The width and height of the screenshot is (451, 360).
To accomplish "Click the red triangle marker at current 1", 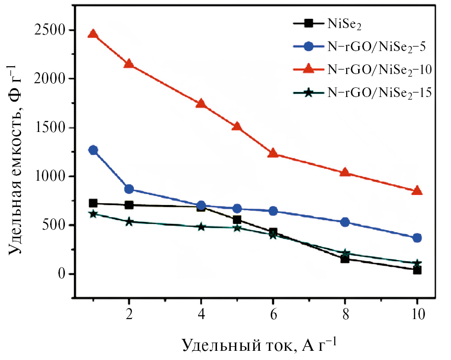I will (93, 34).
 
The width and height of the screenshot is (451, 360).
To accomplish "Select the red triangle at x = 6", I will (273, 153).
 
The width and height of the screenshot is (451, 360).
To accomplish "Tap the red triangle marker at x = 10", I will (417, 190).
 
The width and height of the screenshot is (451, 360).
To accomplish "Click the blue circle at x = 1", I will (93, 150).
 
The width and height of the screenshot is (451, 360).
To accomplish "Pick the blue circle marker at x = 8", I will (345, 222).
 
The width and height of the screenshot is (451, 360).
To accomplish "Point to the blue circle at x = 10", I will (417, 238).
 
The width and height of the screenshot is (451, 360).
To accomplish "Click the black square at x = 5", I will (237, 220).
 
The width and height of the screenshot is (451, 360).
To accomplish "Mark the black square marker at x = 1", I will (93, 203).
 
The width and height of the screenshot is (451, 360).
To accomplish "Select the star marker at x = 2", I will (129, 222).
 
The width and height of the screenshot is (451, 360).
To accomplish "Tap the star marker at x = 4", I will (201, 227).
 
